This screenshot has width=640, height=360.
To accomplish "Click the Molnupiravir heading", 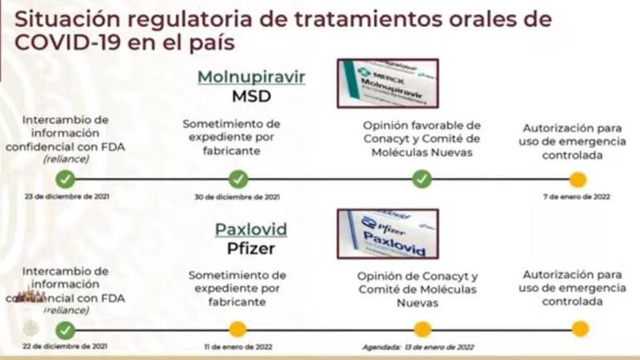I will point(251,77).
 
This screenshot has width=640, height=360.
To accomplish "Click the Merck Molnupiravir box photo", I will point(387,82).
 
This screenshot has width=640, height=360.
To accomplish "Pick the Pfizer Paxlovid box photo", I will point(387,233).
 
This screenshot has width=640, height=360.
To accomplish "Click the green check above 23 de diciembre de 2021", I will point(66,178).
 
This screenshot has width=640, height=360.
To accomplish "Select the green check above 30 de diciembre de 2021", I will point(238,178).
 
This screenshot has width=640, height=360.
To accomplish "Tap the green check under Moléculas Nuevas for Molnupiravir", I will point(422,178).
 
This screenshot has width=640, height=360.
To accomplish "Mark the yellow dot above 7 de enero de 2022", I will point(578,179).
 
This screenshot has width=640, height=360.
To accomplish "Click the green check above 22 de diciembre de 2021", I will point(66,329).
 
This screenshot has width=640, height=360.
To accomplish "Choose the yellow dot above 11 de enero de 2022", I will point(237,329).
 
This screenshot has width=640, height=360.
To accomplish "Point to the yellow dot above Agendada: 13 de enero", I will point(422,329).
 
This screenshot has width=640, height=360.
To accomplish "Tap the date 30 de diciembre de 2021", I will point(238,197).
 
